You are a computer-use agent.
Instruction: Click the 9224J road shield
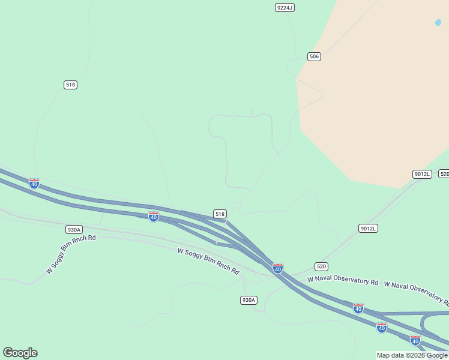(x=285, y=7)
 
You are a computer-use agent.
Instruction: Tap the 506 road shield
(x=314, y=56)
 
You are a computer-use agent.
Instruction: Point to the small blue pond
(x=438, y=22)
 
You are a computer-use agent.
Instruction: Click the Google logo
(x=20, y=353)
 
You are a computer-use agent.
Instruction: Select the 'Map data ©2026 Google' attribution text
(x=412, y=355)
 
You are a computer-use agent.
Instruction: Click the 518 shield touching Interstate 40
(x=220, y=214)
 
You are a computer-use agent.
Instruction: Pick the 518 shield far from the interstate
(x=70, y=85)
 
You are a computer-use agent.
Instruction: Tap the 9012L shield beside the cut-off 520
(x=422, y=174)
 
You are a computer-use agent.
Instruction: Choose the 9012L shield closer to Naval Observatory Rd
(x=368, y=229)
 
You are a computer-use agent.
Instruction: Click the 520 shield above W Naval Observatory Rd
(x=321, y=266)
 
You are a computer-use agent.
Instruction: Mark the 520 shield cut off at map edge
(x=444, y=174)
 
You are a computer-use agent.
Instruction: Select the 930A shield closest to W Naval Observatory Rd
(x=249, y=300)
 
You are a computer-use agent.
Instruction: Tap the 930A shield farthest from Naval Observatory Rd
(x=74, y=229)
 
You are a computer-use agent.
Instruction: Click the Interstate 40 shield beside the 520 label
(x=277, y=268)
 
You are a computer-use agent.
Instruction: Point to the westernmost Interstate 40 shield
(x=34, y=183)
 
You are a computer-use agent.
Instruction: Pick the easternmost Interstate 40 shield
(x=415, y=340)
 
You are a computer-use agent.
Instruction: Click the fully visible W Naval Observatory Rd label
(x=343, y=280)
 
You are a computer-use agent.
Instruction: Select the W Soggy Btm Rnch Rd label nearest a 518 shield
(x=208, y=262)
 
